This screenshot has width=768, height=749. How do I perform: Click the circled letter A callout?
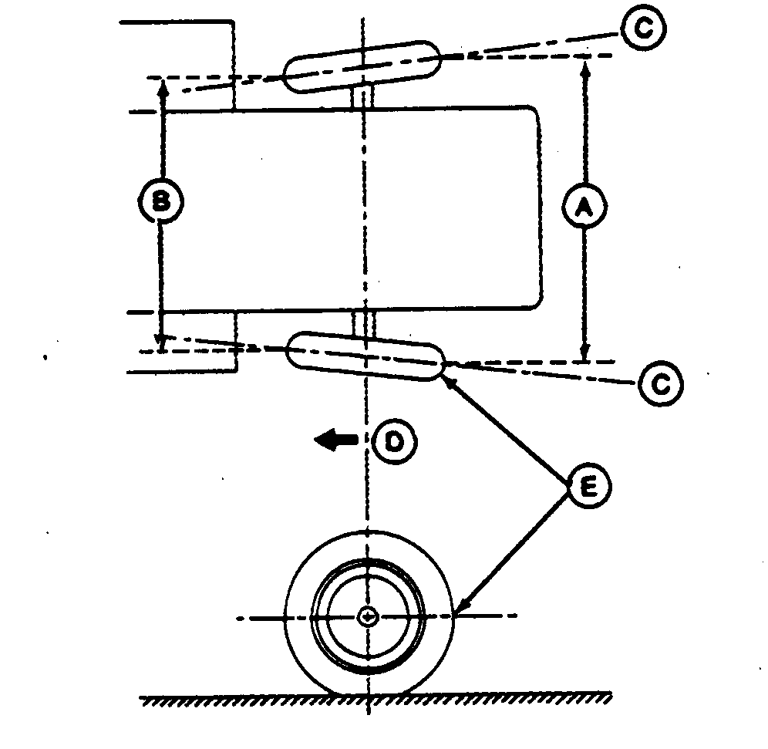point(584,207)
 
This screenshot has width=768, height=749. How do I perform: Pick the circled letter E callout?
point(588,485)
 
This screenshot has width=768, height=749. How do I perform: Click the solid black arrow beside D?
point(336,440)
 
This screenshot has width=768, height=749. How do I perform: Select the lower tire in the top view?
point(365,356)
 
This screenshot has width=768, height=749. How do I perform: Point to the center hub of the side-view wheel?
point(368,616)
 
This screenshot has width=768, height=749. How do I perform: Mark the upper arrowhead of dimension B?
point(162,86)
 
